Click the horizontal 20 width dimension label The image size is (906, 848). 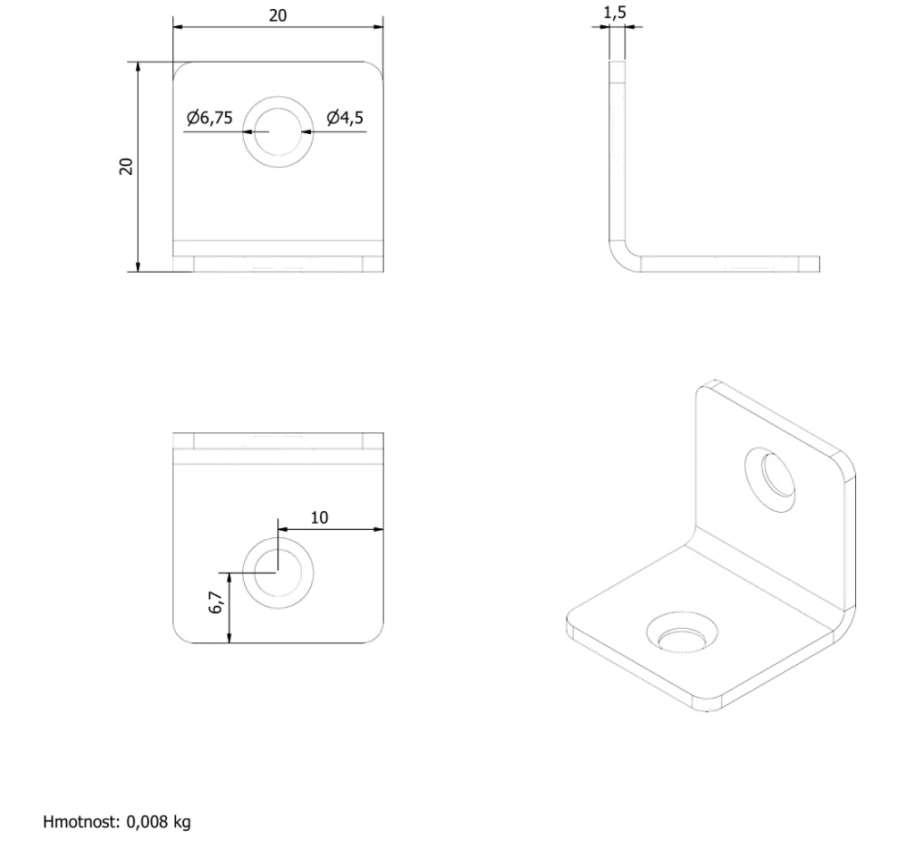278,15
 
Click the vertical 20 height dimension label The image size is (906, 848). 126,167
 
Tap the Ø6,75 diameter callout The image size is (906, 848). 209,118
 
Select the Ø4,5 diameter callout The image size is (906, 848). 345,118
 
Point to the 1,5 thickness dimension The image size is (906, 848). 615,13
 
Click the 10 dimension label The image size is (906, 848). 319,518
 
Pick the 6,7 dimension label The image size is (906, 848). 216,602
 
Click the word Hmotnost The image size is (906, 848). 81,822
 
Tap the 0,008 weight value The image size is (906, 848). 146,822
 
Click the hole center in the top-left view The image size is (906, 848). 278,131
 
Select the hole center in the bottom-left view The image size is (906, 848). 278,572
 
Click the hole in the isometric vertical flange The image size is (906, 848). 770,478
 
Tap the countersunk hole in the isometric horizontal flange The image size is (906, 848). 682,633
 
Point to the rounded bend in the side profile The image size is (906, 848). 619,261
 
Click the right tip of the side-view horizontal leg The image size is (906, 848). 819,264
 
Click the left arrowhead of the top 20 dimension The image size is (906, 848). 178,26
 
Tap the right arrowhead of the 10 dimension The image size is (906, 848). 378,529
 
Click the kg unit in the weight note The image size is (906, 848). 181,823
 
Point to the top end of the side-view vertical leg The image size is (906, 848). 617,62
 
